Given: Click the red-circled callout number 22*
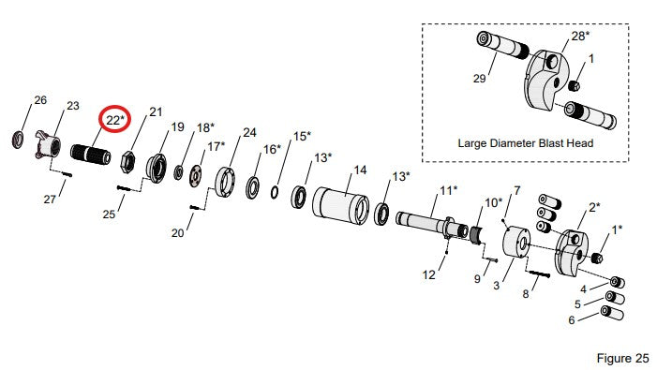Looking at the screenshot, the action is (114, 120).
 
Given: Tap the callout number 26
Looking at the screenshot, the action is (40, 100).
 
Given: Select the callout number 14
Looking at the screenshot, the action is (360, 170).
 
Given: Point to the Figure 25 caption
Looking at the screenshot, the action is (622, 358).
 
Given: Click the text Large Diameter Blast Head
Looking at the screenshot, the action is (526, 143).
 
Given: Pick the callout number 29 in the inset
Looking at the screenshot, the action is (479, 79).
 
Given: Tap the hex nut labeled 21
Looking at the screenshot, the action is (127, 163).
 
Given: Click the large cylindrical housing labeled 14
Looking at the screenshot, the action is (340, 205).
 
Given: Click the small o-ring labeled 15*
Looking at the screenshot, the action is (275, 193).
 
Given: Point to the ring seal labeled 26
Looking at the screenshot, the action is (18, 140).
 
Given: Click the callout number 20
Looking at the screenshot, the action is (178, 232).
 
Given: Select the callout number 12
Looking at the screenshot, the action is (428, 274).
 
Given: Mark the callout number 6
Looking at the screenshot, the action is (572, 320).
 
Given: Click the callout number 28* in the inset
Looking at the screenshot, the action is (580, 36).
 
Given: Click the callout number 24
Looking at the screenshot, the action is (249, 133).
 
